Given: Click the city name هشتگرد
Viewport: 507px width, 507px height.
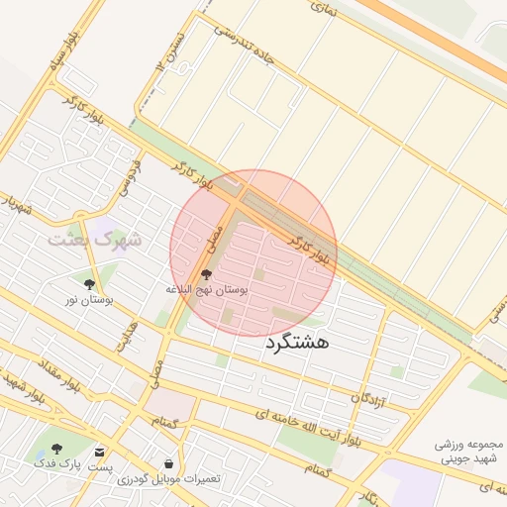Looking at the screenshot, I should click(297, 344).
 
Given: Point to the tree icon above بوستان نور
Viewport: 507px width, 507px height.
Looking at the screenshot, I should click(90, 283).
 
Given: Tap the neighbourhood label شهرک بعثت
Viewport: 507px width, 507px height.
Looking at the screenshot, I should click(95, 240).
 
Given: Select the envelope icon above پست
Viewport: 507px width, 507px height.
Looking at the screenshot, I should click(99, 450).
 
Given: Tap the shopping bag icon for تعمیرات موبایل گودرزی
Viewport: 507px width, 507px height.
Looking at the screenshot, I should click(169, 462).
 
